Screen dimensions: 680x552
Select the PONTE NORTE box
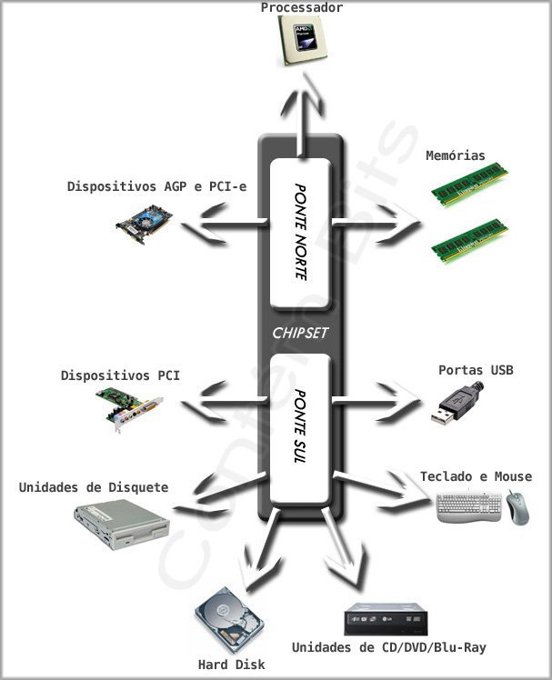300,232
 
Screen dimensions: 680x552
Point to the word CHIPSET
300,333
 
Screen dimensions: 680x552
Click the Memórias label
456,155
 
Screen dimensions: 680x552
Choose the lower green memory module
469,240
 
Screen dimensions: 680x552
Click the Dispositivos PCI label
120,375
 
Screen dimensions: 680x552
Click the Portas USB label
476,370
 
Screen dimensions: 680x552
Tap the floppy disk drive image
121,524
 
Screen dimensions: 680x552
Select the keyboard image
468,507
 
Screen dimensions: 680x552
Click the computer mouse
517,507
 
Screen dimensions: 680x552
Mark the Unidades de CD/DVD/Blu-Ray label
388,648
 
